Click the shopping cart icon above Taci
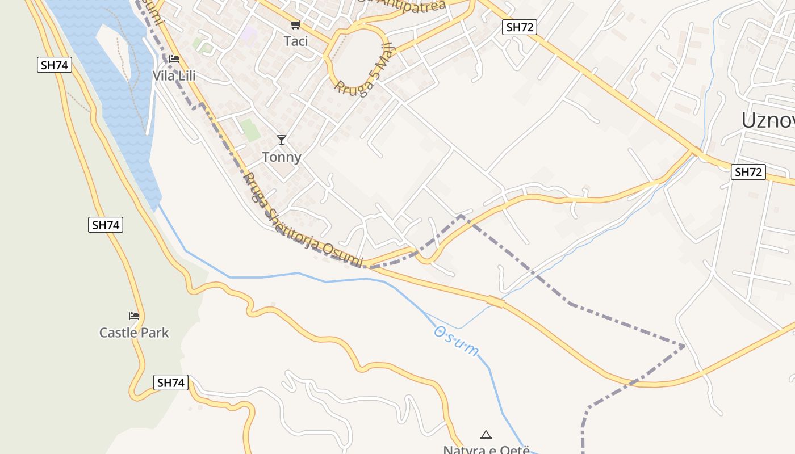pos(295,24)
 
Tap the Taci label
pos(296,41)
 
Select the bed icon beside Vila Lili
pos(174,59)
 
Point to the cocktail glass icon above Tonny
pos(281,140)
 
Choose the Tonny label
pos(282,157)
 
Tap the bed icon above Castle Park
pos(134,316)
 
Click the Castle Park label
pos(134,333)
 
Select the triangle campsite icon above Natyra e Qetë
pos(486,435)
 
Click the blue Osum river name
pos(457,341)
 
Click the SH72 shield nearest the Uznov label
pos(748,172)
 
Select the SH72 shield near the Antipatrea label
pos(520,27)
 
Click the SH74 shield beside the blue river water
pos(55,65)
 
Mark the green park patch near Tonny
pos(249,130)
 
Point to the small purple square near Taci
pos(248,33)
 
